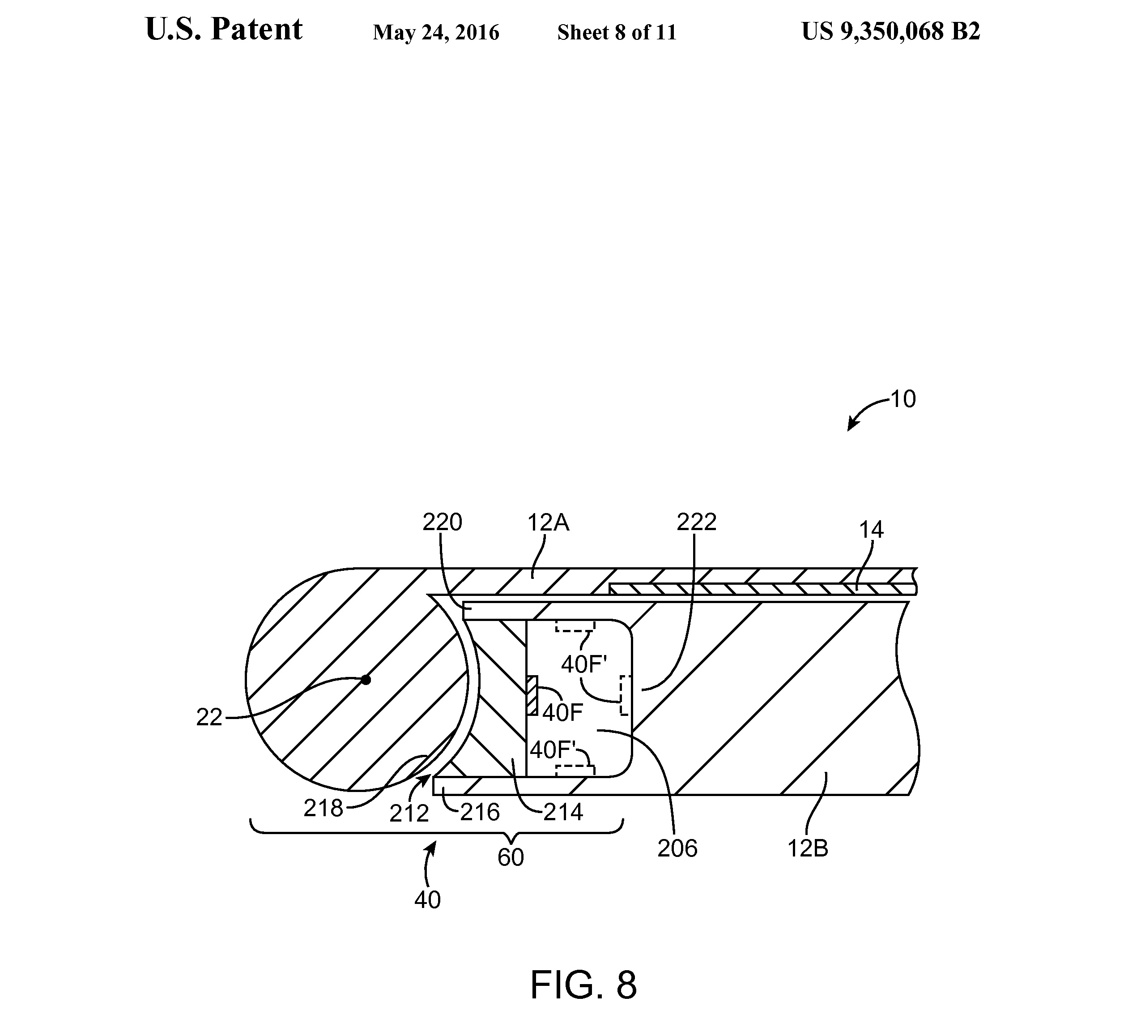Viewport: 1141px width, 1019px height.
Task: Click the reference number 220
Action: coord(442,522)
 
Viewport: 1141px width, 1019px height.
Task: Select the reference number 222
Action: coord(696,522)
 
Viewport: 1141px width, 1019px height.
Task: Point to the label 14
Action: coord(871,530)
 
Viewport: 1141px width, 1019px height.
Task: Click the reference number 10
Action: coord(903,399)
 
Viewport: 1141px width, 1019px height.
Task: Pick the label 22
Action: coord(209,718)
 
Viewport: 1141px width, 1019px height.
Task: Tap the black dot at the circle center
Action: coord(366,680)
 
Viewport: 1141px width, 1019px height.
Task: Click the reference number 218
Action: coord(323,809)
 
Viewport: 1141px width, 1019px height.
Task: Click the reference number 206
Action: coord(677,849)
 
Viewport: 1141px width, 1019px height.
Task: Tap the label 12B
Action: coord(808,849)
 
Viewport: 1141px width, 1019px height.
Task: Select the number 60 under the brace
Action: coord(511,858)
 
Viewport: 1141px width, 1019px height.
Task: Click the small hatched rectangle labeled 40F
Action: coord(532,695)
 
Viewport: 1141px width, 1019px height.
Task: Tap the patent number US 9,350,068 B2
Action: coord(891,31)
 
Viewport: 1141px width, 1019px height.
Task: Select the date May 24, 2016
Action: coord(436,33)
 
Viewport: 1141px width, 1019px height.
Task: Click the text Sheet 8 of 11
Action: coord(617,33)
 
